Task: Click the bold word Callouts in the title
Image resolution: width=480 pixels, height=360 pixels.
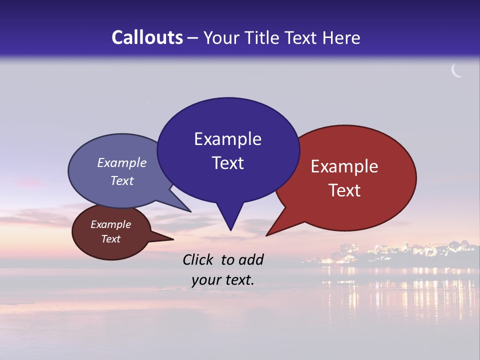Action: pyautogui.click(x=147, y=37)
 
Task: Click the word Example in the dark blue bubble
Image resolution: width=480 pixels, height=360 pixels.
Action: pyautogui.click(x=227, y=139)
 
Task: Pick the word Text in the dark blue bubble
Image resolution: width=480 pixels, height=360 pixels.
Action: pyautogui.click(x=227, y=163)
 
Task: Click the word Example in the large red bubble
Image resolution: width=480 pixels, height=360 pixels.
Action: pyautogui.click(x=344, y=166)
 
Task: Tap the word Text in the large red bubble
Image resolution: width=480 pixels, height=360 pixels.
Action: pyautogui.click(x=344, y=190)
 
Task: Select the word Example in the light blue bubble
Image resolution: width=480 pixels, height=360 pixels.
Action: pyautogui.click(x=122, y=162)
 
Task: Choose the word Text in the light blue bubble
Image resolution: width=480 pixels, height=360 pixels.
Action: pyautogui.click(x=122, y=180)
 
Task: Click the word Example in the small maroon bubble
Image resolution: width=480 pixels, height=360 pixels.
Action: pyautogui.click(x=110, y=224)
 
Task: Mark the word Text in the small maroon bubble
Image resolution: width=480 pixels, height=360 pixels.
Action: pyautogui.click(x=110, y=239)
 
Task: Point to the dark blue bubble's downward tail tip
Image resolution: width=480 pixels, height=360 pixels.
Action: pyautogui.click(x=230, y=230)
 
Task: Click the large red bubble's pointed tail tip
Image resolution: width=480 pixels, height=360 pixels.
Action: pyautogui.click(x=267, y=235)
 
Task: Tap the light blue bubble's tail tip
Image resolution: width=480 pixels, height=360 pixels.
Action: pyautogui.click(x=190, y=211)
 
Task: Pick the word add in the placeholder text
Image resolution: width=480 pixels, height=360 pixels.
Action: pyautogui.click(x=251, y=259)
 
